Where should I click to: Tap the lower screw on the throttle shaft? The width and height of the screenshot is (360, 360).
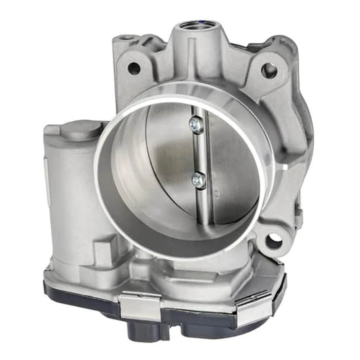pos(197,179)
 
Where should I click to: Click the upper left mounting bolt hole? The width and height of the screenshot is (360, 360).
pos(134,67)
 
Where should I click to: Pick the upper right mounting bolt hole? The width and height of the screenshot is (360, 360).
pos(268,70)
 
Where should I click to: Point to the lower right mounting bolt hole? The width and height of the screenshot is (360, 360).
pos(274,240)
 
